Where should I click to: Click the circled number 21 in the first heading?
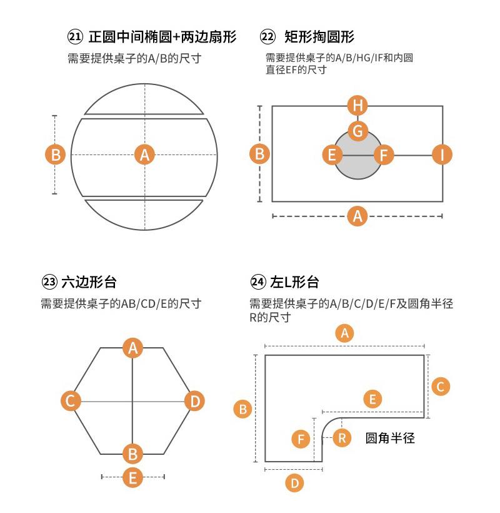click(x=75, y=37)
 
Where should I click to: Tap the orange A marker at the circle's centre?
click(x=145, y=154)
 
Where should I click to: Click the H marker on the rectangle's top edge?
click(x=357, y=105)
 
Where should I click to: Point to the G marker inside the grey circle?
click(x=357, y=131)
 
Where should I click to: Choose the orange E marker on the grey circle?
click(x=332, y=154)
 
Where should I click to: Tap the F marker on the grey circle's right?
click(x=383, y=154)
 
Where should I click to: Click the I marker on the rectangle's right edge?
click(x=442, y=154)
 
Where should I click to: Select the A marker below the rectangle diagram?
click(x=357, y=216)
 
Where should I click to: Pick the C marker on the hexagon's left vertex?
click(x=71, y=400)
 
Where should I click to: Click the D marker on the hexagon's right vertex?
click(x=194, y=400)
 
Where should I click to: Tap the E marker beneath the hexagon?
click(x=132, y=477)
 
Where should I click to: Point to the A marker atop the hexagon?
click(x=132, y=347)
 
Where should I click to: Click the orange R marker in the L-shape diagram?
click(x=341, y=437)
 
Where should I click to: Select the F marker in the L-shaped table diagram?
click(x=301, y=439)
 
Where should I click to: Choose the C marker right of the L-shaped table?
click(x=440, y=386)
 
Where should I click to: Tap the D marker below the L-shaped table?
click(x=294, y=482)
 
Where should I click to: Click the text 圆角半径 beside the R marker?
click(x=390, y=438)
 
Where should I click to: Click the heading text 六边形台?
click(x=89, y=282)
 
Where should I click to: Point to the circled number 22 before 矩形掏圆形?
click(x=267, y=37)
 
